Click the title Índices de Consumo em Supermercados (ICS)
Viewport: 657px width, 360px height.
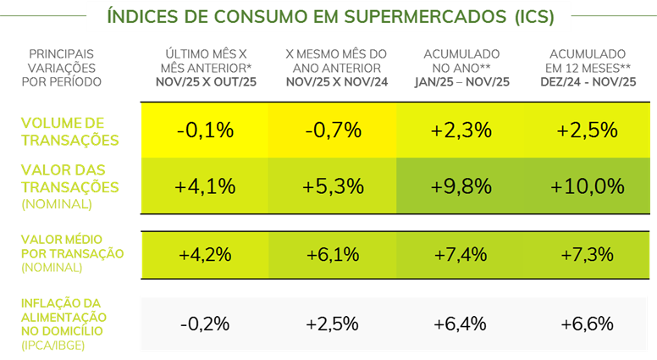pyautogui.click(x=331, y=17)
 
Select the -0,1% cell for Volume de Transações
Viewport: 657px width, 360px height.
pyautogui.click(x=205, y=130)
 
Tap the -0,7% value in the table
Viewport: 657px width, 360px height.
pyautogui.click(x=334, y=130)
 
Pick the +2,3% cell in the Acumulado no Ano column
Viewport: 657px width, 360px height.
pyautogui.click(x=461, y=130)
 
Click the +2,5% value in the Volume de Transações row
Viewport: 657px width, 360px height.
pyautogui.click(x=588, y=130)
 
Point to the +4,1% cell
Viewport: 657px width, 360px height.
pyautogui.click(x=205, y=186)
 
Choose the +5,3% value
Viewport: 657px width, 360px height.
pyautogui.click(x=334, y=186)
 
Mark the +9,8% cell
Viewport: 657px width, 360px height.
pyautogui.click(x=461, y=186)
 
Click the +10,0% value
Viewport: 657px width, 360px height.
pyautogui.click(x=588, y=186)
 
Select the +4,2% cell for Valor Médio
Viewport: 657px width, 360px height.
pyautogui.click(x=205, y=254)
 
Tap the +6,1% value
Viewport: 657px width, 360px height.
pyautogui.click(x=334, y=254)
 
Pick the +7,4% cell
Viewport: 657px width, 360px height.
pyautogui.click(x=461, y=254)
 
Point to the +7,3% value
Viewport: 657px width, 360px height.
pyautogui.click(x=588, y=254)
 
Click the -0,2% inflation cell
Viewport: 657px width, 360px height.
pyautogui.click(x=205, y=324)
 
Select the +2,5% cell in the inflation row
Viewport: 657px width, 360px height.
pyautogui.click(x=334, y=324)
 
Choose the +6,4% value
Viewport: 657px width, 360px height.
pyautogui.click(x=461, y=324)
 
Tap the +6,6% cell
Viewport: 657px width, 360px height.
pyautogui.click(x=588, y=324)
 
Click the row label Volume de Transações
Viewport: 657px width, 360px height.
pyautogui.click(x=69, y=131)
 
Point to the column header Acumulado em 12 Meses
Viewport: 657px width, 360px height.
pyautogui.click(x=588, y=67)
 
